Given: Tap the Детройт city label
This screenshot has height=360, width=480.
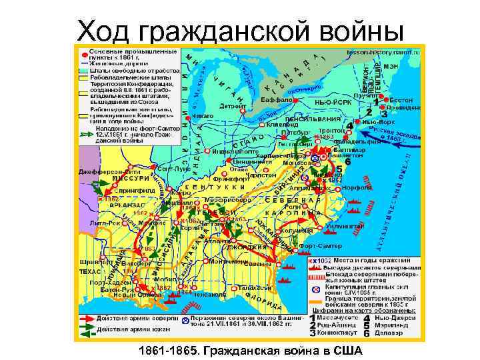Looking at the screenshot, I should (233, 105).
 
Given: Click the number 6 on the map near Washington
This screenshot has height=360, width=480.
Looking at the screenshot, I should (348, 161).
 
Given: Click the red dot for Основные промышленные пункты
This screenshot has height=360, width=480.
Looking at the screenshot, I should (83, 51).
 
